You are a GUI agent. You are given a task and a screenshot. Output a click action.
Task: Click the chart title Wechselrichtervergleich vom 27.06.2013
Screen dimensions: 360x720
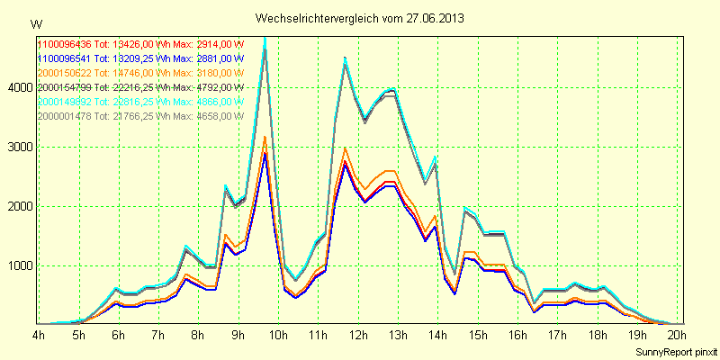coord(360,18)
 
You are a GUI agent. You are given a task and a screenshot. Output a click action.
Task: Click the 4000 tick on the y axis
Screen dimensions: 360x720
coord(20,87)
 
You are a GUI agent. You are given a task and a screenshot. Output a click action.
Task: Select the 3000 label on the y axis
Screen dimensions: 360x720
coord(20,147)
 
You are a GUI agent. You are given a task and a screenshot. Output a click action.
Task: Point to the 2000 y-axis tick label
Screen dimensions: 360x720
coord(20,206)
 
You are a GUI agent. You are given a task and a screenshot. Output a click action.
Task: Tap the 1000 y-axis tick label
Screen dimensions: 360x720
coord(20,265)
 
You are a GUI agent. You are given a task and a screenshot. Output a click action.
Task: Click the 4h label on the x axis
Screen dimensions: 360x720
coord(39,335)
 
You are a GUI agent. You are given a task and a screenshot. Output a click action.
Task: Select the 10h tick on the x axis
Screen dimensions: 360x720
coord(279,335)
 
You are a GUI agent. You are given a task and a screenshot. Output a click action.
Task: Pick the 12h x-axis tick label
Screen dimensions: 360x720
coord(359,335)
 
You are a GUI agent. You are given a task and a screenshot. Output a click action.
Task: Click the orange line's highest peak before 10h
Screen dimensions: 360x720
coord(265,137)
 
